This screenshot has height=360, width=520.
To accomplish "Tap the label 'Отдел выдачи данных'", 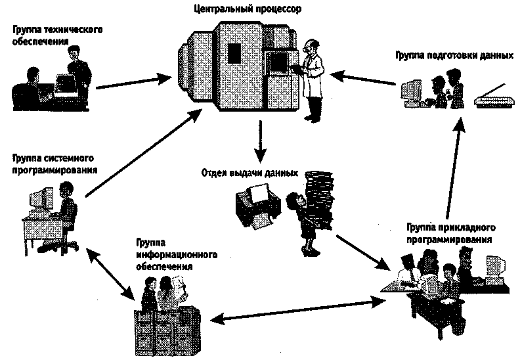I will point(250,173).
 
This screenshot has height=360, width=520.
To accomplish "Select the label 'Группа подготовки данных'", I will point(454,56).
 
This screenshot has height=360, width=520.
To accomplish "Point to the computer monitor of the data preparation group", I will point(412,91).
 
